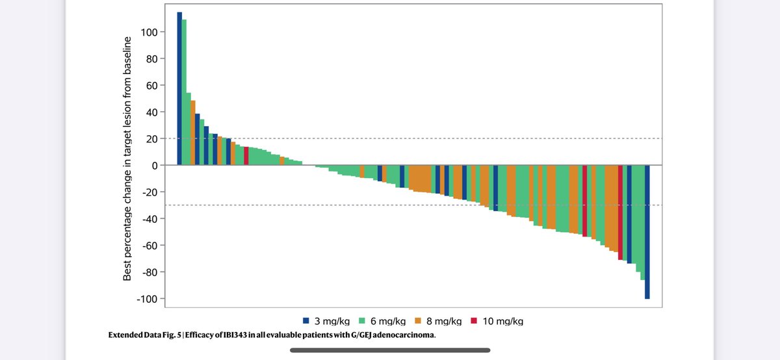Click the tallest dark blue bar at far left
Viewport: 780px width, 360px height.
coord(179,88)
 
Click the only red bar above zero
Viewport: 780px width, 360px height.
coord(246,156)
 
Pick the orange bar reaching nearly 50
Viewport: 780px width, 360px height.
coord(193,133)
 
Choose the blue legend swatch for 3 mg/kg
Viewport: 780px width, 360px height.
coord(305,321)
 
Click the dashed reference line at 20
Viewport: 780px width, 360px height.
coord(455,138)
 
